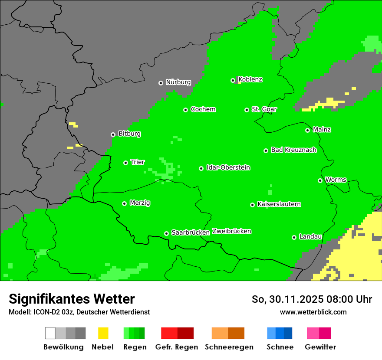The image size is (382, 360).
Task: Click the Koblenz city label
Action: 250,79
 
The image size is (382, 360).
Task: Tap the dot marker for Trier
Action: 125,163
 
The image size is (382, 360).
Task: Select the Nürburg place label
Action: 178,82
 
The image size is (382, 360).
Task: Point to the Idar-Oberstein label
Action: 228,167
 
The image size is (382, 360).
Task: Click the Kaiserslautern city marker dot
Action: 252,205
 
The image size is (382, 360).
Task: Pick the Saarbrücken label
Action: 191,232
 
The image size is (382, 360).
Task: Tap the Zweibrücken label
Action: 231,231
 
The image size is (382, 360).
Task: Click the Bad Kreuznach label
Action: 293,150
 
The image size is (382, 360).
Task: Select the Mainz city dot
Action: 307,130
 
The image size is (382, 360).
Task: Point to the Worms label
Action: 336,180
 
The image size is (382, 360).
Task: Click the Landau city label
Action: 310,236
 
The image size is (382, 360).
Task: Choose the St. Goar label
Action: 264,109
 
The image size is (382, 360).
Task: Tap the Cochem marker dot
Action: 185,110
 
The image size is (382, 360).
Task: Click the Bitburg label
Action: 129,134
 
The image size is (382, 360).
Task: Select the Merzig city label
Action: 140,203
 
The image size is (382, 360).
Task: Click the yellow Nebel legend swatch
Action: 103,333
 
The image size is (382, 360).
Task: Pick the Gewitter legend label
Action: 320,347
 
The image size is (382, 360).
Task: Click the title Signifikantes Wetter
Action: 72,299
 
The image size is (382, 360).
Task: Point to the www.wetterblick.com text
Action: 313,312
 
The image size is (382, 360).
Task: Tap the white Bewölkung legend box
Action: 50,333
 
